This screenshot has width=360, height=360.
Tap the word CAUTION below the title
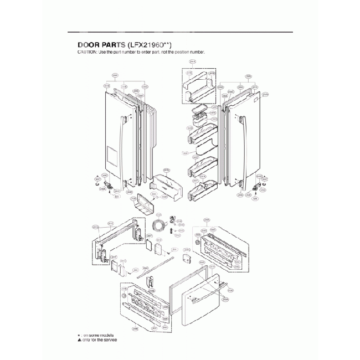[86, 52]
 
